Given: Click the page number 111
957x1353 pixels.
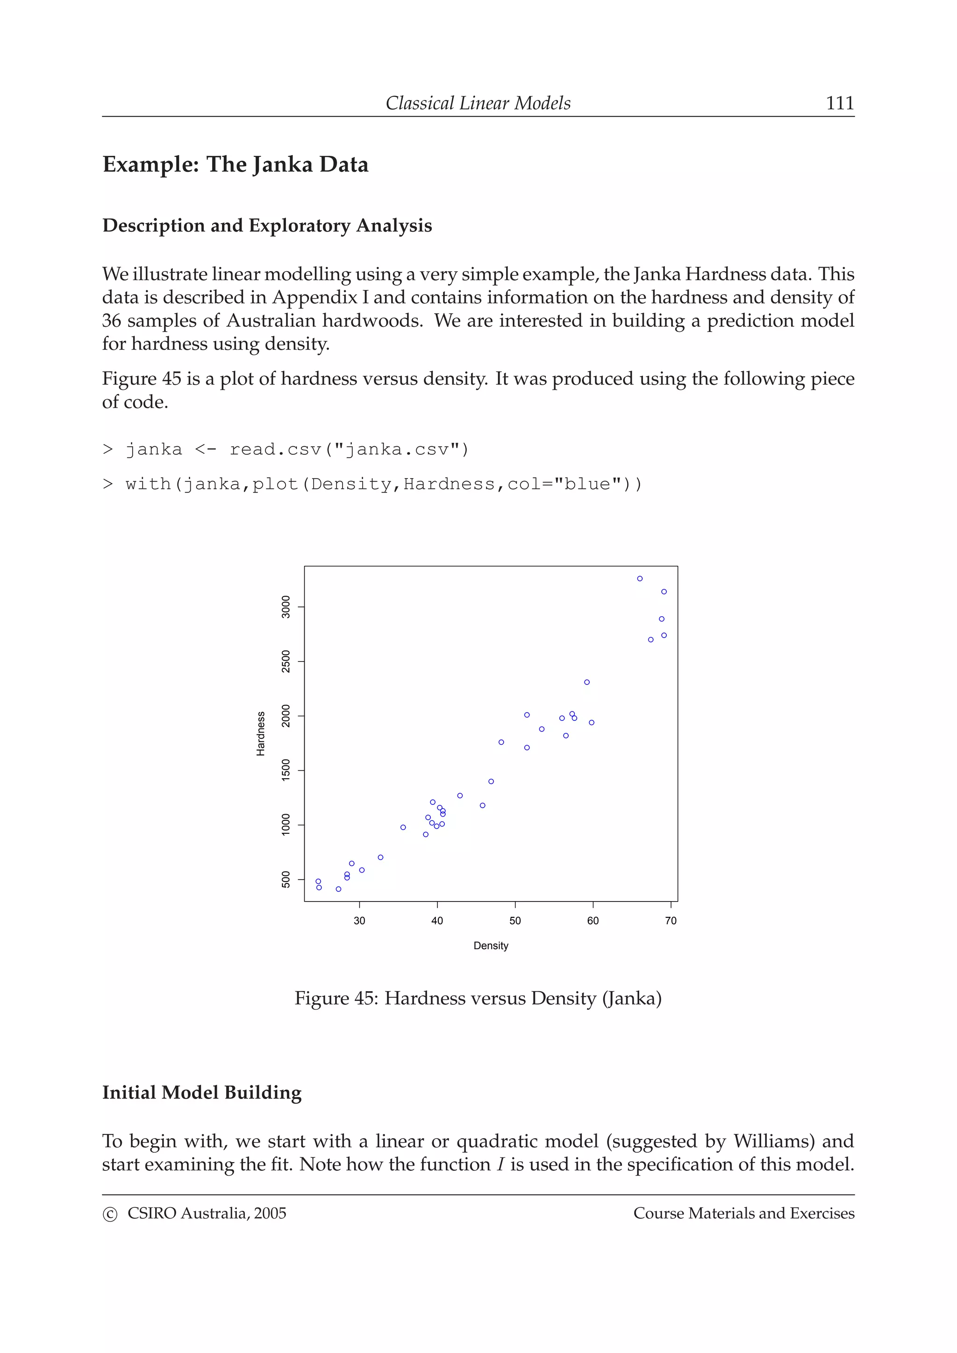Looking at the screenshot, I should pyautogui.click(x=839, y=103).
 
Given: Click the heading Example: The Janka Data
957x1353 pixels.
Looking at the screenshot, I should pyautogui.click(x=235, y=164).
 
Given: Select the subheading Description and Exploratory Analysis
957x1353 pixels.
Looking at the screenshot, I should pyautogui.click(x=267, y=225).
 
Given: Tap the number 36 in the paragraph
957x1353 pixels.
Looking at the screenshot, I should pyautogui.click(x=111, y=321).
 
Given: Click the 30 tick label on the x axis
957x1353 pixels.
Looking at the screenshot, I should pyautogui.click(x=359, y=921).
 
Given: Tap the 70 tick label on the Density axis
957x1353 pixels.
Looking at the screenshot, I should pyautogui.click(x=671, y=921).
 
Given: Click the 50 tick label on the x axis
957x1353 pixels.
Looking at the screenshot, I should pyautogui.click(x=515, y=921).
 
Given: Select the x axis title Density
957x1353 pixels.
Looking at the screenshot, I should pyautogui.click(x=491, y=946).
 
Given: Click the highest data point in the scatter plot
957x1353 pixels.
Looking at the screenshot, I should pyautogui.click(x=640, y=578).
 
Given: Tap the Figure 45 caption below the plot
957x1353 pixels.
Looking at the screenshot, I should pyautogui.click(x=478, y=998).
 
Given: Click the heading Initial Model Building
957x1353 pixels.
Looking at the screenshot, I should pyautogui.click(x=202, y=1092).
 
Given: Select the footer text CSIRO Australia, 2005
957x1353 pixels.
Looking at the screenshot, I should pyautogui.click(x=207, y=1213).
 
